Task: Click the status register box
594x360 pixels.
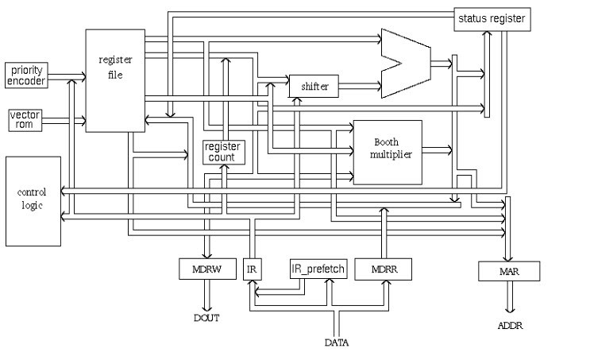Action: click(492, 18)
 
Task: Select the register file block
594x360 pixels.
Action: click(115, 79)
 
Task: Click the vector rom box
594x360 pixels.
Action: click(25, 120)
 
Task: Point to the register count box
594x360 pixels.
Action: click(223, 151)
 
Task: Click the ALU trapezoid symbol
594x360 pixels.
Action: click(405, 64)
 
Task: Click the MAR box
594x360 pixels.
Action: click(509, 272)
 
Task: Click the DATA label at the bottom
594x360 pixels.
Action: click(337, 343)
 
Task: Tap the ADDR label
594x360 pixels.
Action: click(510, 327)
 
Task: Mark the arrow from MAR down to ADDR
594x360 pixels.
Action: click(509, 299)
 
